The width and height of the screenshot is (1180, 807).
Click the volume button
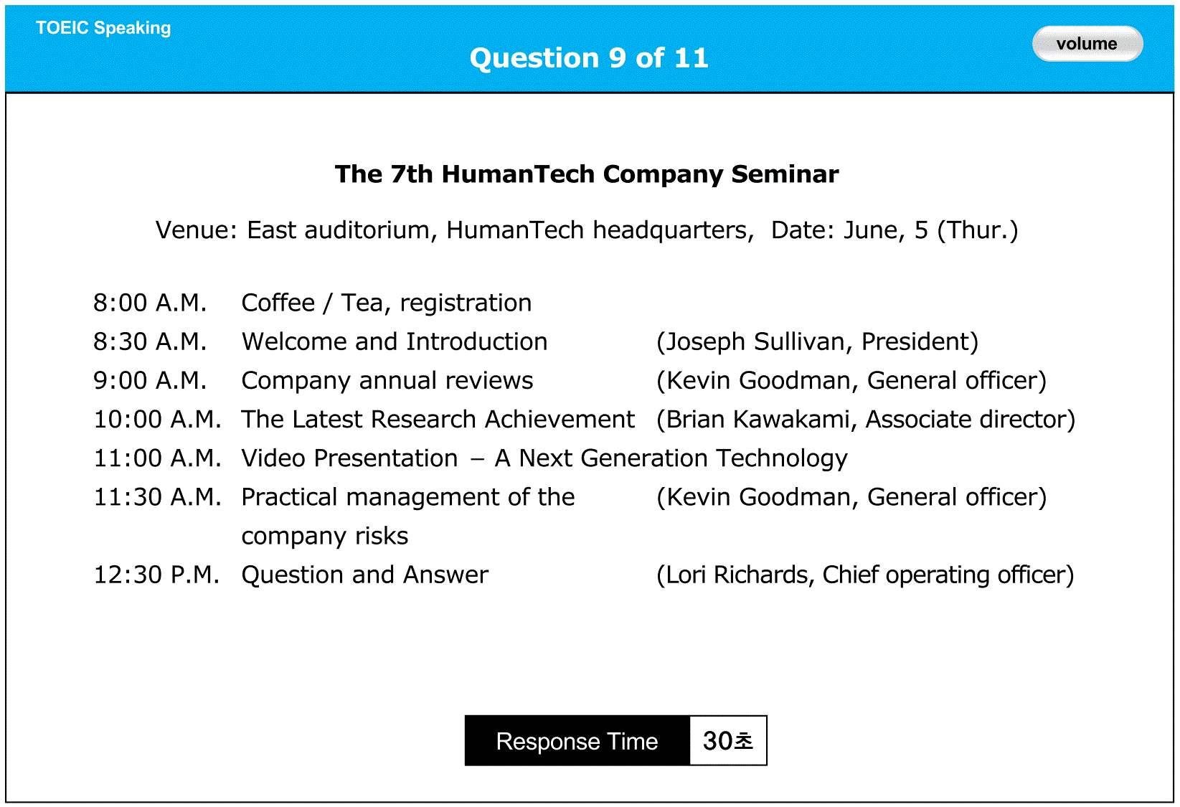[1087, 44]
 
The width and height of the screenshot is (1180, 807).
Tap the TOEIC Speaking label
[103, 28]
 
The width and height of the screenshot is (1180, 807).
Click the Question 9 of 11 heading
[589, 57]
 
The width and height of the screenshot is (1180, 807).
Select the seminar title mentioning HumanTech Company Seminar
[587, 174]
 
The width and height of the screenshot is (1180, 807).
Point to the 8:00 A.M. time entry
[150, 303]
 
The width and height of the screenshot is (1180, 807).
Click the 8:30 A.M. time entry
[150, 342]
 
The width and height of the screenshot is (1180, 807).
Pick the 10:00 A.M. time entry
[157, 420]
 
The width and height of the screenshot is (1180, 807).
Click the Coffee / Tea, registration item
[387, 303]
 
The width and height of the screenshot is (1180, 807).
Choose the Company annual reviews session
[387, 381]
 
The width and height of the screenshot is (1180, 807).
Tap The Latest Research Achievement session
[438, 420]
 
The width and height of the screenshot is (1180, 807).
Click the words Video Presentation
[350, 458]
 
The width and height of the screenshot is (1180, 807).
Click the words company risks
[325, 537]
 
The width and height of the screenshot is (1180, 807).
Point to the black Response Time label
[577, 740]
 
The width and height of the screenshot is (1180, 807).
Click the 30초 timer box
[728, 740]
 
